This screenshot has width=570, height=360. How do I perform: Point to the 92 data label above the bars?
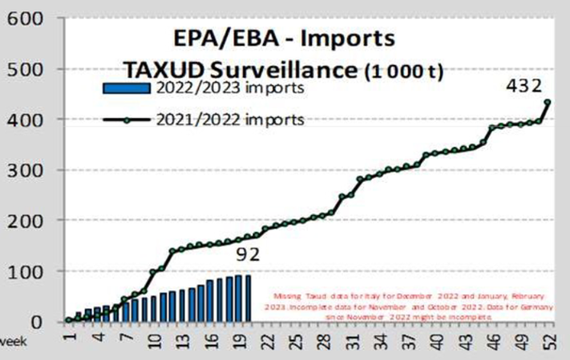click(247, 254)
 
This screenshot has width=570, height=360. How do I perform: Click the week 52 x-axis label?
click(549, 337)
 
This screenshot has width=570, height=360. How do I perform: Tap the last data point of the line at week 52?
click(547, 103)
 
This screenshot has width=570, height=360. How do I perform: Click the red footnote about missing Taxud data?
click(412, 303)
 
